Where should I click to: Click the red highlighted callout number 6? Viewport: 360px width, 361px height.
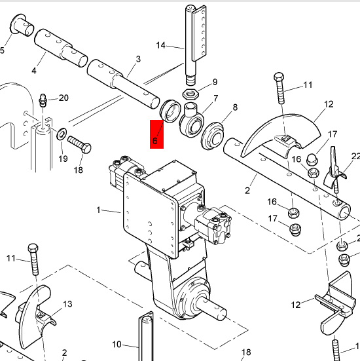click(154, 141)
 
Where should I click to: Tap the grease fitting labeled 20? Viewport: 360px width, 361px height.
click(43, 100)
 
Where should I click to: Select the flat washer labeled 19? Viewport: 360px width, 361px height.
click(62, 134)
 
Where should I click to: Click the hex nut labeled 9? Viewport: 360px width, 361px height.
click(190, 94)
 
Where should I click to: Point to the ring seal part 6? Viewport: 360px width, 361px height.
click(170, 111)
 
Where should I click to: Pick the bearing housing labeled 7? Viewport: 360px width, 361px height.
click(192, 120)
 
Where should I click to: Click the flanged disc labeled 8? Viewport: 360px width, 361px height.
click(212, 136)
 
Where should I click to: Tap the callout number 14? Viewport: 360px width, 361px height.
click(160, 45)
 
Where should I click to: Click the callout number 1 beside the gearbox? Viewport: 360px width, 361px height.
click(98, 210)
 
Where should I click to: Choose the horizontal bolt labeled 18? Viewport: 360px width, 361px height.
click(79, 144)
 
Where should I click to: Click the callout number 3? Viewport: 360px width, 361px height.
click(138, 59)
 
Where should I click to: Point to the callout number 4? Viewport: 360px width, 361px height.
click(34, 71)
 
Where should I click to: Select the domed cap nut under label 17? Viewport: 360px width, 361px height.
click(312, 160)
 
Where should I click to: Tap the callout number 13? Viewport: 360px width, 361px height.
click(67, 304)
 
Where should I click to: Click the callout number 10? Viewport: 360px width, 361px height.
click(117, 345)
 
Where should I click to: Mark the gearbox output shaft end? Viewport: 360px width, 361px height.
click(221, 311)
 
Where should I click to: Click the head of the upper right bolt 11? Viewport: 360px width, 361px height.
click(279, 77)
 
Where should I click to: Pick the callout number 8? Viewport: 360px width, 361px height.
click(235, 107)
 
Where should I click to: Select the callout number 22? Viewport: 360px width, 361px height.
click(356, 157)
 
